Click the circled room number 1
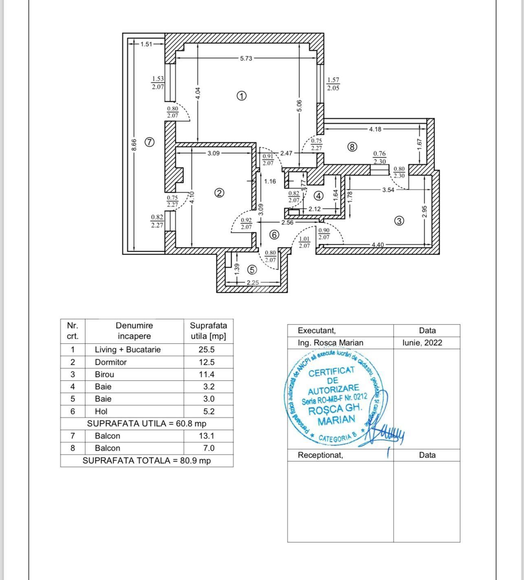click(x=242, y=96)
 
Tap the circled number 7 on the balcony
click(x=150, y=142)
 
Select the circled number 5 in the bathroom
click(x=252, y=270)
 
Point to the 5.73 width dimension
click(x=246, y=59)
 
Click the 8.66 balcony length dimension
click(x=134, y=145)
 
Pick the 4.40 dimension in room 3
click(x=378, y=245)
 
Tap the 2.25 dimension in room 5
click(x=253, y=282)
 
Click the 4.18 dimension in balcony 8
click(x=375, y=129)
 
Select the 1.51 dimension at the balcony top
click(x=146, y=44)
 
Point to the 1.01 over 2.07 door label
click(x=304, y=243)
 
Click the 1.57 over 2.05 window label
click(x=333, y=84)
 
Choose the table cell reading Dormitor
click(x=111, y=362)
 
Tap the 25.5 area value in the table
click(x=206, y=350)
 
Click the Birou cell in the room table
click(x=105, y=374)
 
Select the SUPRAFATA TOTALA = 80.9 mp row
click(x=147, y=461)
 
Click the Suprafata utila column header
click(x=208, y=331)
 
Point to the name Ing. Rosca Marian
click(x=330, y=343)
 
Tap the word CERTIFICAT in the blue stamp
click(x=332, y=372)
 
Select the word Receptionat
click(x=320, y=455)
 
